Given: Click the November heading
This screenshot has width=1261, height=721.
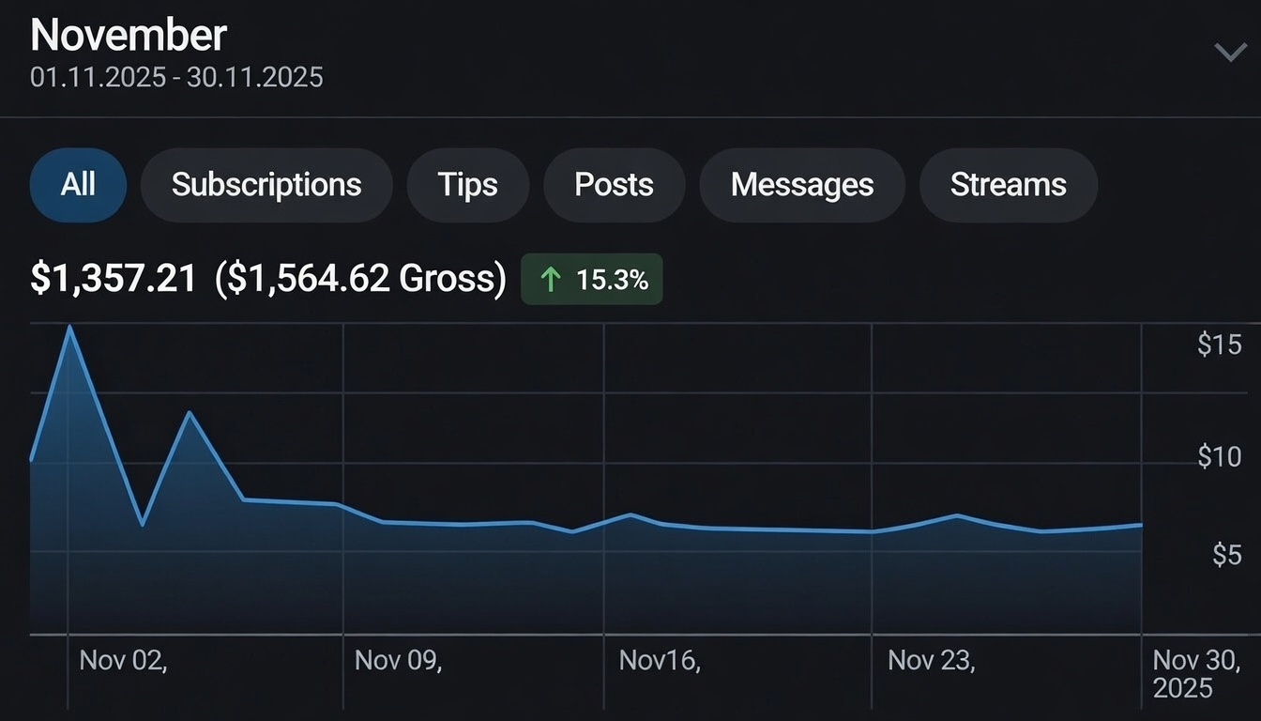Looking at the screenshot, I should click(x=129, y=36).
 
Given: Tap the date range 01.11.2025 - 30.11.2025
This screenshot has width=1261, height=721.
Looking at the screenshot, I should click(x=176, y=77).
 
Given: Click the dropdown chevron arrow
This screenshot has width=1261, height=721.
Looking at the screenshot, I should click(x=1230, y=52).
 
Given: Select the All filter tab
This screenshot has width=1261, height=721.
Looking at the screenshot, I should click(x=78, y=185).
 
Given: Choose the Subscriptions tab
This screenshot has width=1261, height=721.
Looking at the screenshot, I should click(x=266, y=185).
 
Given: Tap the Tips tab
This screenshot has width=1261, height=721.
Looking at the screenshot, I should click(x=467, y=185).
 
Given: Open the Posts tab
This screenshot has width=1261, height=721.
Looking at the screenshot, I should click(x=614, y=185).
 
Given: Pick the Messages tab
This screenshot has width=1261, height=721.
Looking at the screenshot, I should click(x=802, y=185).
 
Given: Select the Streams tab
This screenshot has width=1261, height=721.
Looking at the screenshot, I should click(x=1008, y=185).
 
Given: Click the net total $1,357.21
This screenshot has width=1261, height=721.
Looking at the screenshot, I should click(x=114, y=279).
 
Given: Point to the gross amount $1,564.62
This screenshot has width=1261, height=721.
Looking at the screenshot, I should click(x=360, y=279).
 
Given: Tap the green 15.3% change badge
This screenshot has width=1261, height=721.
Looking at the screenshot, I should click(x=592, y=279).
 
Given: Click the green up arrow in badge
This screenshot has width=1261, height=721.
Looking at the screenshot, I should click(x=552, y=279).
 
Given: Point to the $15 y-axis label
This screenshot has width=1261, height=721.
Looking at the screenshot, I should click(x=1219, y=345).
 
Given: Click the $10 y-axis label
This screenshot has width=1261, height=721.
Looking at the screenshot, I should click(x=1219, y=457).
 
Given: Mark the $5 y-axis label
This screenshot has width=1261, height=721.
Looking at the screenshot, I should click(x=1226, y=555).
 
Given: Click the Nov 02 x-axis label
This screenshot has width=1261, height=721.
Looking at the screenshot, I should click(x=123, y=660).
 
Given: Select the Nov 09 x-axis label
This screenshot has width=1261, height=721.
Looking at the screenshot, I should click(x=398, y=660).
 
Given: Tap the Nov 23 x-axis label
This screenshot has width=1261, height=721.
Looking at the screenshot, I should click(x=931, y=660).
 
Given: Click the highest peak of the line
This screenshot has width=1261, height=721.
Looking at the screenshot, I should click(x=69, y=327).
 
